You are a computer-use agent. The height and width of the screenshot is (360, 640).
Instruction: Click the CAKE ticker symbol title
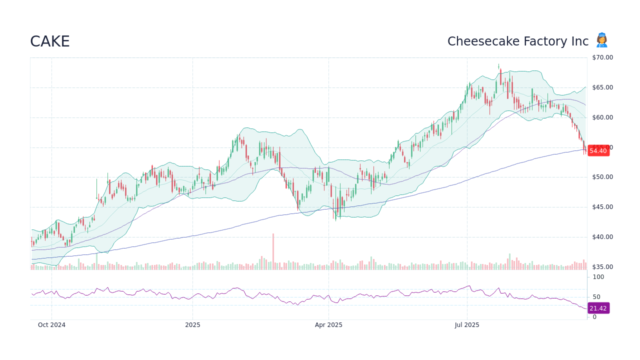coord(50,41)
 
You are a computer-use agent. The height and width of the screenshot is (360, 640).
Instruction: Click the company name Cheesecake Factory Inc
coord(517,41)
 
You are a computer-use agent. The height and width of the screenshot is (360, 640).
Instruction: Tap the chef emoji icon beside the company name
coord(601,40)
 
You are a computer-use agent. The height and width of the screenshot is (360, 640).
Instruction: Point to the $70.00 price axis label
coord(602,57)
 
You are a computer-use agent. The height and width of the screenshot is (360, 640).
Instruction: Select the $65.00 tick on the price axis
coord(602,87)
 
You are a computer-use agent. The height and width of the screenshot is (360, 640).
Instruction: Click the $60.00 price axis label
coord(602,117)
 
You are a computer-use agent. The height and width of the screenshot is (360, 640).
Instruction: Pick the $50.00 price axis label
coord(602,177)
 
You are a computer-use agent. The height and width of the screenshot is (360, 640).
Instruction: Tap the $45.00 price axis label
coord(602,207)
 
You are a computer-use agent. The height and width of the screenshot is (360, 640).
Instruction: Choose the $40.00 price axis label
coord(602,237)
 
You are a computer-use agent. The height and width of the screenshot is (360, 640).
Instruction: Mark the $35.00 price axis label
coord(602,267)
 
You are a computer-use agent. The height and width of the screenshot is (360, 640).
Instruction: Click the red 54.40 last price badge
coord(598,151)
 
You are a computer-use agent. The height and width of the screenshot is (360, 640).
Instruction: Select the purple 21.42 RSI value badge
coord(598,308)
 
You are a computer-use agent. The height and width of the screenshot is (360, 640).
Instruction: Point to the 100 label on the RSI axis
coord(598,277)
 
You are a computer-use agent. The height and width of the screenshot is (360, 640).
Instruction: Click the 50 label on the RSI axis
coord(596,297)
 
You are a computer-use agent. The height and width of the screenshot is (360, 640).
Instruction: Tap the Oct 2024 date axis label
coord(51,325)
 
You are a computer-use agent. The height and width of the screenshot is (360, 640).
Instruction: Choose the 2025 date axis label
coord(192,325)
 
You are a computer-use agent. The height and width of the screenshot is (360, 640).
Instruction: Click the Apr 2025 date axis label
coord(328,325)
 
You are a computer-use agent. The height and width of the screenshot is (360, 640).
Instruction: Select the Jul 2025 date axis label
coord(467,325)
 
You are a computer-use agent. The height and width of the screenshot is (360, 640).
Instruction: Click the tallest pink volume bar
coord(273,251)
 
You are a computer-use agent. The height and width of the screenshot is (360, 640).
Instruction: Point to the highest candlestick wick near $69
coord(498,65)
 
